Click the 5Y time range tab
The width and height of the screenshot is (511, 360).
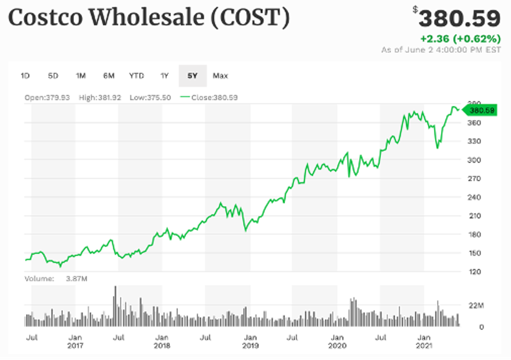[x=192, y=76]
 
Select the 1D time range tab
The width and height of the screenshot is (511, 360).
[x=25, y=76]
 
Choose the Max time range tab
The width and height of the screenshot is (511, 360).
[x=220, y=76]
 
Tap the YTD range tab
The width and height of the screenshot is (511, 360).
[x=136, y=76]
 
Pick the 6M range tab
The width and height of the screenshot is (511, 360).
[x=109, y=76]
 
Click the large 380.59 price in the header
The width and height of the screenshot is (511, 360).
[x=459, y=19]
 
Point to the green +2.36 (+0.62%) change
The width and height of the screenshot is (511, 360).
[x=460, y=39]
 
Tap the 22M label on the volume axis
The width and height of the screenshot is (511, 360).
[x=476, y=306]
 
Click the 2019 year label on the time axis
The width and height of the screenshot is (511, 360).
[x=250, y=346]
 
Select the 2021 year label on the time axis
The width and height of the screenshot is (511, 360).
[x=424, y=346]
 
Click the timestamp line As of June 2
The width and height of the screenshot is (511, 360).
[x=441, y=50]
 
